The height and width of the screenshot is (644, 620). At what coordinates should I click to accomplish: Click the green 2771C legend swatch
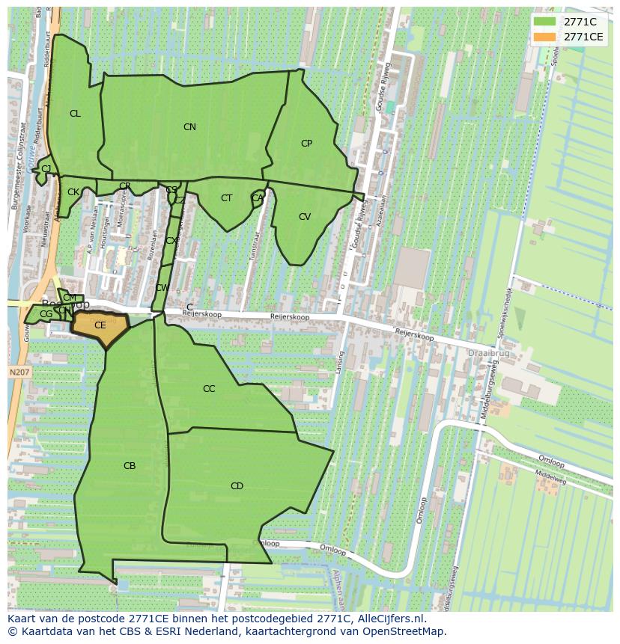pyautogui.click(x=544, y=22)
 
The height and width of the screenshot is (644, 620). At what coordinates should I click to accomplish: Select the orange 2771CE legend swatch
pyautogui.click(x=544, y=37)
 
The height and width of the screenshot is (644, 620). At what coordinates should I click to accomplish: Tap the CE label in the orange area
pyautogui.click(x=100, y=325)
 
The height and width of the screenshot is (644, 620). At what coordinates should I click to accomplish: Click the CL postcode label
pyautogui.click(x=75, y=114)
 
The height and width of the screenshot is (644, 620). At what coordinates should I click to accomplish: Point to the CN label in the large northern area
pyautogui.click(x=189, y=127)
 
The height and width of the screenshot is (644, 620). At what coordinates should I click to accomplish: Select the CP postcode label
pyautogui.click(x=306, y=144)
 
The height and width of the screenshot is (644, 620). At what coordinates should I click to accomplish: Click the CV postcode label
pyautogui.click(x=305, y=217)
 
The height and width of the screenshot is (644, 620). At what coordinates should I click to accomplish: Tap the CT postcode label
pyautogui.click(x=226, y=198)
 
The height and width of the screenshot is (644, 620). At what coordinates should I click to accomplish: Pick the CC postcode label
pyautogui.click(x=209, y=389)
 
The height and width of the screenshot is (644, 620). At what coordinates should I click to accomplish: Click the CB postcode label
pyautogui.click(x=130, y=466)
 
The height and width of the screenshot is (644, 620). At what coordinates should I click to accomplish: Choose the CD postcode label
pyautogui.click(x=237, y=486)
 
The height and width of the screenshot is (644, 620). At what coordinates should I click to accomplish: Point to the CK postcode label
pyautogui.click(x=73, y=192)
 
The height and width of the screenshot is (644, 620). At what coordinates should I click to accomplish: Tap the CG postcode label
pyautogui.click(x=46, y=314)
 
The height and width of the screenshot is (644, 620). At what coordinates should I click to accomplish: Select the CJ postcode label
pyautogui.click(x=46, y=169)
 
